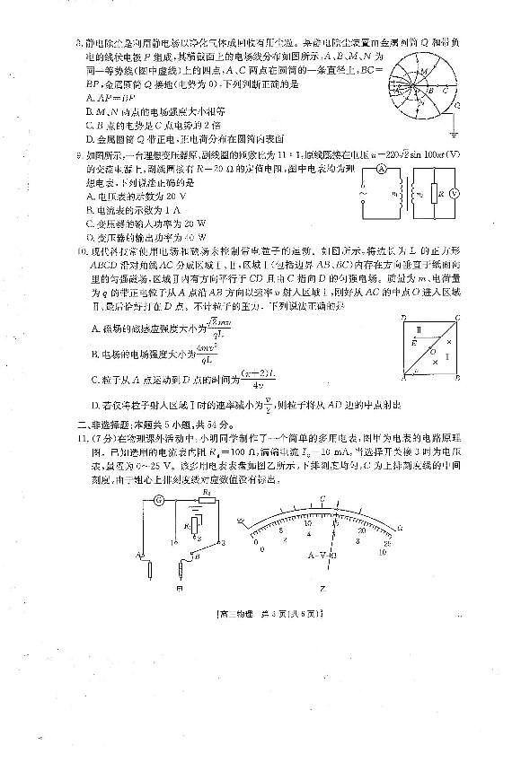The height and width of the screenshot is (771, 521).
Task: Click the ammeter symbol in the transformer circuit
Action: click(x=381, y=168)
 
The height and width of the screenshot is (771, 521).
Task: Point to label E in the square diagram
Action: click(x=412, y=342)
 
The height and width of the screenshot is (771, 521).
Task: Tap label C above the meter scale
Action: click(x=322, y=497)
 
